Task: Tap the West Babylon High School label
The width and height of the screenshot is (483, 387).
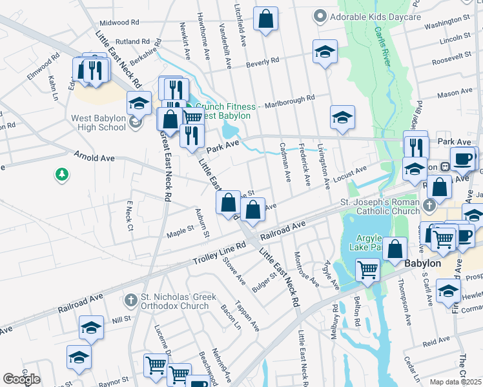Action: click(98, 123)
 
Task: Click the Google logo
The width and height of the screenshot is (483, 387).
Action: click(21, 379)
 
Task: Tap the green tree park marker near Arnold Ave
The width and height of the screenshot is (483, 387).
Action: click(62, 174)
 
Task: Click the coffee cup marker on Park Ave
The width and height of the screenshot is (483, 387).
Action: click(462, 158)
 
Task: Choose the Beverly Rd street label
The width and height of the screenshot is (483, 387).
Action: click(263, 62)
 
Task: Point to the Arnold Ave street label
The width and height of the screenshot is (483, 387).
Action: click(94, 157)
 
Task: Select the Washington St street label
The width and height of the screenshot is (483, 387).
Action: click(446, 23)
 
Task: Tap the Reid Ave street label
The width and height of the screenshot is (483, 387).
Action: click(436, 340)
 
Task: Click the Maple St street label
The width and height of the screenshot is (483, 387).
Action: click(181, 230)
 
